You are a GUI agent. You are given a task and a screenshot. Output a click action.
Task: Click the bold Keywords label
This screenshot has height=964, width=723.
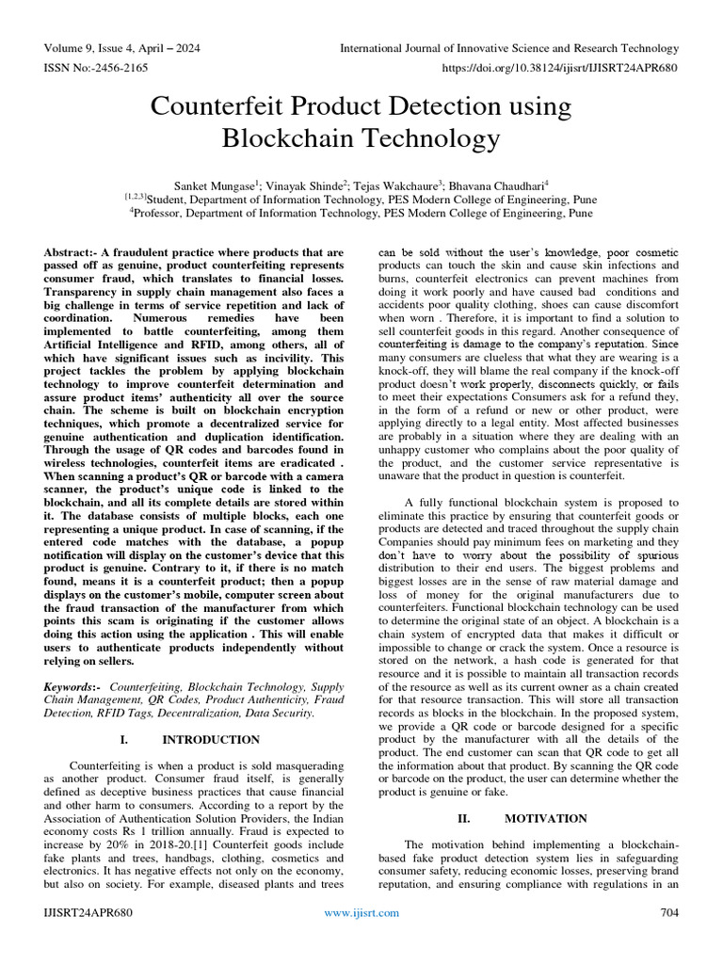pos(72,688)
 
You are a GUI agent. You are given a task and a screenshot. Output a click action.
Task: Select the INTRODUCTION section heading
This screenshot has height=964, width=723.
pos(211,740)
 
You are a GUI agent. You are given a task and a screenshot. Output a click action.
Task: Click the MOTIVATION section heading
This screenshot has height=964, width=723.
pos(545,818)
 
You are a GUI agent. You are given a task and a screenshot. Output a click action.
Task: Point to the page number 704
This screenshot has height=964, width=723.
pos(669,913)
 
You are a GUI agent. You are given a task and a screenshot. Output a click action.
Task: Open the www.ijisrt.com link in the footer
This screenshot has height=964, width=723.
pos(361,913)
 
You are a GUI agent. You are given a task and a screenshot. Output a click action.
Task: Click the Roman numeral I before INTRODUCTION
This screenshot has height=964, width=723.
pos(123,740)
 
